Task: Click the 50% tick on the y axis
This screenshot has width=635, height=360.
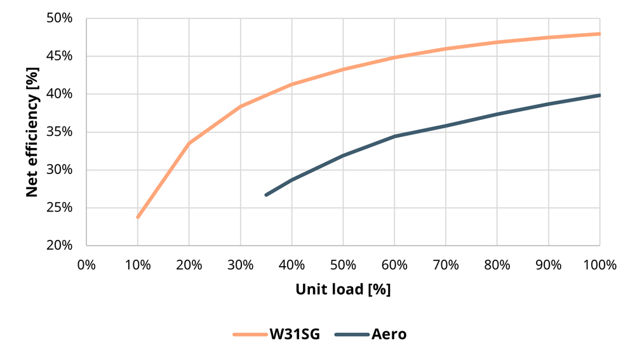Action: point(60,18)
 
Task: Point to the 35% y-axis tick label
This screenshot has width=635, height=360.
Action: point(60,132)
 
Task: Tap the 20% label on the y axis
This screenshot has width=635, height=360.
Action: point(60,245)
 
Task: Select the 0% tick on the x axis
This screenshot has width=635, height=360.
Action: point(86,263)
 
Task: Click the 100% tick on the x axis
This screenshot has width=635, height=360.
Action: point(599,263)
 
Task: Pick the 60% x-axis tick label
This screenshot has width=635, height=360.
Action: point(394,263)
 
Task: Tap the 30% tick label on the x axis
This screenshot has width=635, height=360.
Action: point(241,263)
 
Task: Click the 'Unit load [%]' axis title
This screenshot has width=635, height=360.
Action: point(343,290)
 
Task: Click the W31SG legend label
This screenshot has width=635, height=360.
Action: point(290,334)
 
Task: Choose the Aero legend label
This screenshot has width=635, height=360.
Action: point(389,334)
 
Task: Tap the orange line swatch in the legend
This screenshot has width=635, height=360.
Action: point(249,334)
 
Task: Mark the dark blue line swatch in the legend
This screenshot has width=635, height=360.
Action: point(351,334)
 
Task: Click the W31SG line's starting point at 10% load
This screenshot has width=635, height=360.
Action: point(138,217)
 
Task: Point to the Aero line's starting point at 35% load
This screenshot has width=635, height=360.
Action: point(266,194)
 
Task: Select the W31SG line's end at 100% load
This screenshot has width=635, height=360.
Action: point(599,34)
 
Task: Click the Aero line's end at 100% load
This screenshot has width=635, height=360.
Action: point(599,95)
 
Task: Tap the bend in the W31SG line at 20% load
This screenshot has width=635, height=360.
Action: point(189,143)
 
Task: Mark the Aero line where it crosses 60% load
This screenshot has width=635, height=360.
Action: point(394,136)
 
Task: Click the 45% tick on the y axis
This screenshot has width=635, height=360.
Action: point(60,57)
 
